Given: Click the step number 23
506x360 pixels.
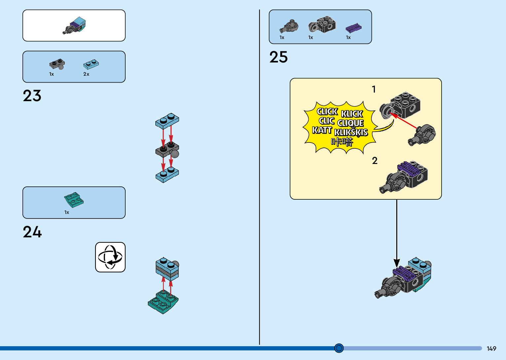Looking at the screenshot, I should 32,96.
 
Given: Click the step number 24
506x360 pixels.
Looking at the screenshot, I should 32,232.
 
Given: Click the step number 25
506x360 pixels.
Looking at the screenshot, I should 278,57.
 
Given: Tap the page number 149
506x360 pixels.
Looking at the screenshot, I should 491,348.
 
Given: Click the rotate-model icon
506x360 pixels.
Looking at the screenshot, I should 110,257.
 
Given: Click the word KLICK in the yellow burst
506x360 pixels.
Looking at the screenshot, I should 352,114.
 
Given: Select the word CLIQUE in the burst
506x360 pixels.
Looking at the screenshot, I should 351,123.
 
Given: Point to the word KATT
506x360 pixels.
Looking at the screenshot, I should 322,130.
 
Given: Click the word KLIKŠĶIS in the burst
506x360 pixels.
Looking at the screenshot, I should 351,132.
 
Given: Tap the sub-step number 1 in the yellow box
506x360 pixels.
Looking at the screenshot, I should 374,89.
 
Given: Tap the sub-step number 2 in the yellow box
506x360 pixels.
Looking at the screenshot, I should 374,161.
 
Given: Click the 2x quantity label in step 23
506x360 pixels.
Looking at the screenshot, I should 86,74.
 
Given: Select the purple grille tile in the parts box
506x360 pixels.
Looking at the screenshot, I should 353,28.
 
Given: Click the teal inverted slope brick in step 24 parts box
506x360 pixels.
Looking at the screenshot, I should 74,200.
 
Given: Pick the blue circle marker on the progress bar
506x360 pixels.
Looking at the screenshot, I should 339,348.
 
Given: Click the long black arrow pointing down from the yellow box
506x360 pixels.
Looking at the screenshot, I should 397,231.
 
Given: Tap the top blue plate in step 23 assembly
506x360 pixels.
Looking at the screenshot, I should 167,121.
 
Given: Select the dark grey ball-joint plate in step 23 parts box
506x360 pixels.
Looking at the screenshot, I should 57,64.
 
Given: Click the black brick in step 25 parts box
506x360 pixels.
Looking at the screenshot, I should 323,25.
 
